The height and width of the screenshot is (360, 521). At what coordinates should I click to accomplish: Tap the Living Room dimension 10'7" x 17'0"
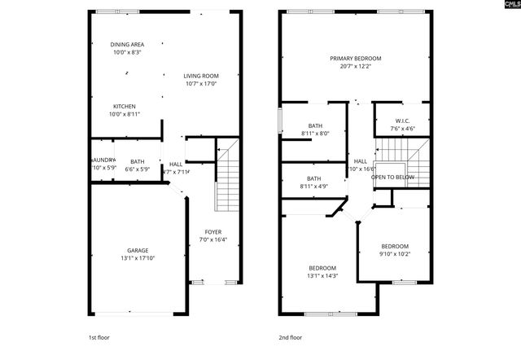tap(200, 83)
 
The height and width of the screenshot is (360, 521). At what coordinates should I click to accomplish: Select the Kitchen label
tap(125, 106)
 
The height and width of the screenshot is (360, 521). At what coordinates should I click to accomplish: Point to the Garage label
tap(138, 250)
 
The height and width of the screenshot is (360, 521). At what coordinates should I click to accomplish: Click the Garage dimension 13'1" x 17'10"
tap(138, 258)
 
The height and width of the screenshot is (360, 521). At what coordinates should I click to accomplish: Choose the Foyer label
tap(212, 232)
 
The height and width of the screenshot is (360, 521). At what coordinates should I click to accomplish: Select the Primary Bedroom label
tap(355, 59)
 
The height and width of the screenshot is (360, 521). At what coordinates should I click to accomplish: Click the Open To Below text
tap(392, 177)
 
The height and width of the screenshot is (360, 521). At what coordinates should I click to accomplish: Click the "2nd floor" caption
tap(291, 336)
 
